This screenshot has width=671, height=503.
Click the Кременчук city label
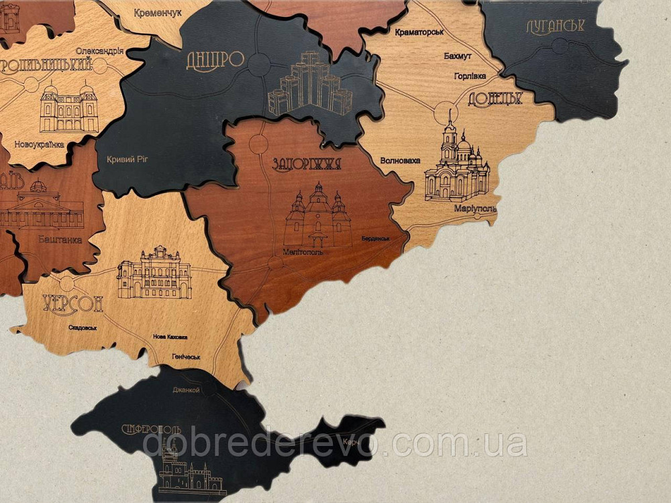point(158,13)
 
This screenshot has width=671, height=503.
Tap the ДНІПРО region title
point(215,60)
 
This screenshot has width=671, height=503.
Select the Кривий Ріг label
point(127,160)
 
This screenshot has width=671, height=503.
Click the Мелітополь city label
point(303,252)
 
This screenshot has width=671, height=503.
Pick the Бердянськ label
point(375,239)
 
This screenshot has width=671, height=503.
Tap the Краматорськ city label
point(420,32)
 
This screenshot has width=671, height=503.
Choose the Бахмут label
point(457,56)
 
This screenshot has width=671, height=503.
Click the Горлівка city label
point(470,76)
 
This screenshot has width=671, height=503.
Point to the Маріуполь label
point(475,209)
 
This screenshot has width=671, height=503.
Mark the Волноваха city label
point(400,161)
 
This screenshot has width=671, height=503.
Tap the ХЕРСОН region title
point(72,304)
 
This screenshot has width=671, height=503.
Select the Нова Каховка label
point(170,337)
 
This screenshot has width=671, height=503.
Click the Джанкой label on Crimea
point(186,390)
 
